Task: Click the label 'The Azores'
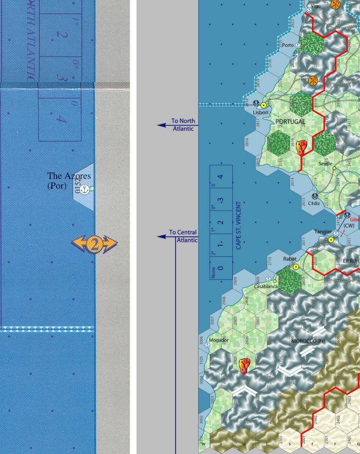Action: point(69,176)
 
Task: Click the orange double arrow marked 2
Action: point(94,243)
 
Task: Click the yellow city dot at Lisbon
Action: point(264,105)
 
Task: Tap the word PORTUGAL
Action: point(290,121)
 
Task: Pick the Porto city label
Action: point(287,45)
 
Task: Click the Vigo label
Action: point(315,6)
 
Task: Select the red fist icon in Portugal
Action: point(301,148)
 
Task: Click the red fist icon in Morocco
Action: point(245,364)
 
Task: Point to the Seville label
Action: point(325,164)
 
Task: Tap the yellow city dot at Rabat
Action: point(296,266)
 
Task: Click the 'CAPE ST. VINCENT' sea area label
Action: point(238,225)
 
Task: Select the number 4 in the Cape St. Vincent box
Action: point(220,177)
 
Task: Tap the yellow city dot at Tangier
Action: point(331,240)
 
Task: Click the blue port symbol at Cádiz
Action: point(315,196)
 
